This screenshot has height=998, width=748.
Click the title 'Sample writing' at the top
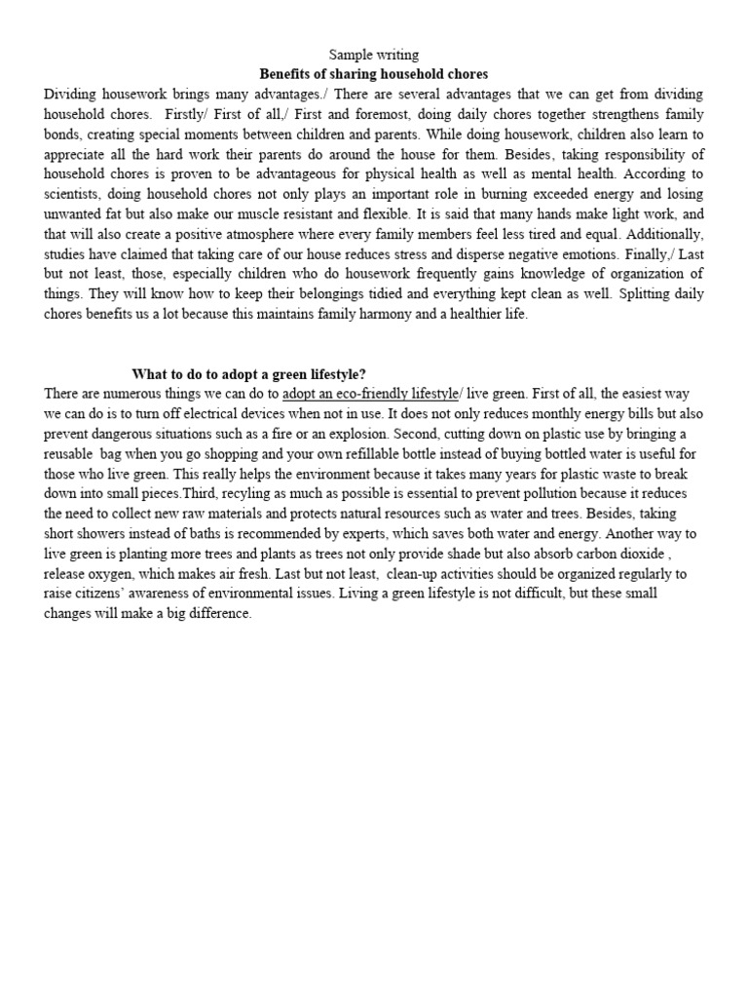tap(374, 56)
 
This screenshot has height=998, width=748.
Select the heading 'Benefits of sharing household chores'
tap(373, 74)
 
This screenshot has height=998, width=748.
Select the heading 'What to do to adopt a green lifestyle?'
tap(249, 373)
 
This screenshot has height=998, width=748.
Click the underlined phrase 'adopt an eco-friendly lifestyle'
tap(369, 393)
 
